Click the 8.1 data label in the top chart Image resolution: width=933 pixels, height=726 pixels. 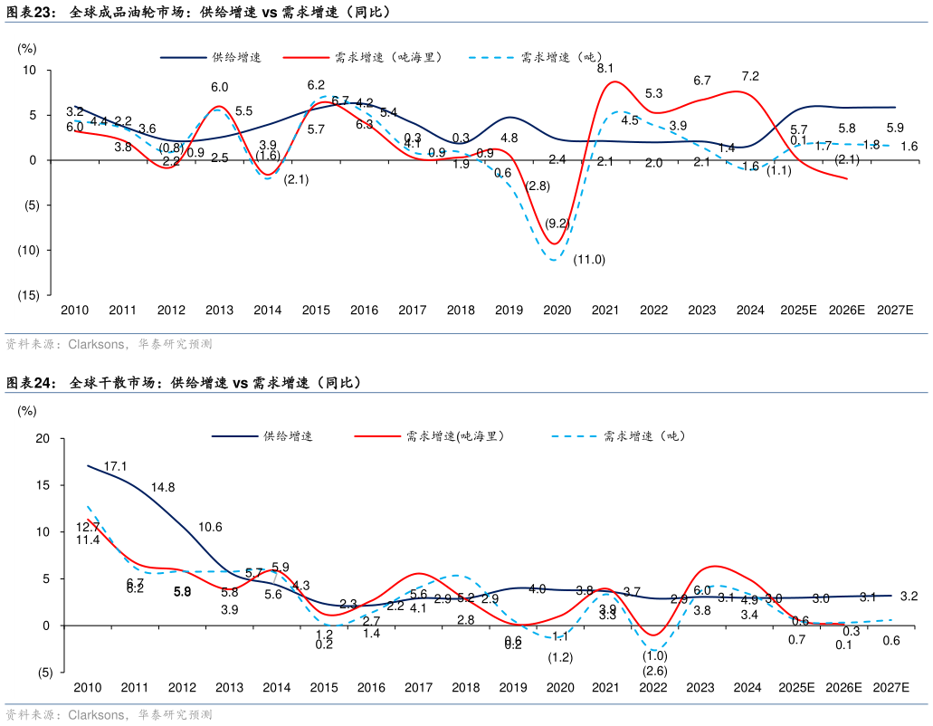pos(605,68)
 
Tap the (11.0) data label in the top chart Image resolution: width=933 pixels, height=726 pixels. pos(589,260)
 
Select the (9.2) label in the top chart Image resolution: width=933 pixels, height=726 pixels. pos(557,223)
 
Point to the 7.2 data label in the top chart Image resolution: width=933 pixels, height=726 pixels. pos(749,76)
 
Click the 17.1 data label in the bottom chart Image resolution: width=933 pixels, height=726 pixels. pos(115,466)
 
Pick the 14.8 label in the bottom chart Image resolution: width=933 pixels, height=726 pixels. pos(163,487)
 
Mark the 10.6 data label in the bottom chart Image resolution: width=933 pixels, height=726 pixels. pos(210,527)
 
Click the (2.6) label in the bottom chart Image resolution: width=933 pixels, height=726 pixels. pos(654,671)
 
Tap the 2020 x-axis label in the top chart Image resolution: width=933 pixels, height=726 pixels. pos(557,310)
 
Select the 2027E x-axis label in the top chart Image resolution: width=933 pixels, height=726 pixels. pos(895,310)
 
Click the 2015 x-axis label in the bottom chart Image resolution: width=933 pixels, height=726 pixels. pos(324,688)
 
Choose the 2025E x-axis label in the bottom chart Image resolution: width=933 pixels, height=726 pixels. pos(796,688)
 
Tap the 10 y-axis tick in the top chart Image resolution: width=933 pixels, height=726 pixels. pos(30,71)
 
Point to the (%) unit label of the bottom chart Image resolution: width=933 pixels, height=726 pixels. pos(27,411)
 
